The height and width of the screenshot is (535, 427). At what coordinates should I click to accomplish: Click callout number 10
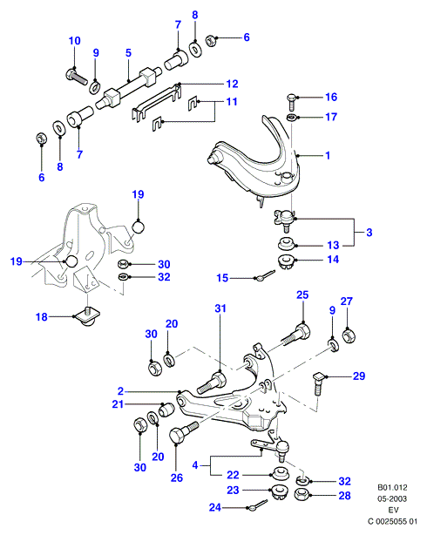point(74,41)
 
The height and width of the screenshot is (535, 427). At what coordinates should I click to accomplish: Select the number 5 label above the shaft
point(128,53)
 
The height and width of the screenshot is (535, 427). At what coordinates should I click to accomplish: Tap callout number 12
point(232,84)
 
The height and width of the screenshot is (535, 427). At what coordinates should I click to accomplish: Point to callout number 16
point(331,98)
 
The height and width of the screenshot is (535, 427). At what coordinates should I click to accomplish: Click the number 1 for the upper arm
point(328,156)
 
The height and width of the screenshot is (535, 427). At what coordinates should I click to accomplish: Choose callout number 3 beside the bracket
point(369,233)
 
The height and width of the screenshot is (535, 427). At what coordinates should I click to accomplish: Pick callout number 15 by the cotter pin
point(222,278)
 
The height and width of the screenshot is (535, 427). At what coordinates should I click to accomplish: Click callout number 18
point(42,317)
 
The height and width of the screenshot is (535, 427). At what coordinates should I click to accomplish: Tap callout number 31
point(220,308)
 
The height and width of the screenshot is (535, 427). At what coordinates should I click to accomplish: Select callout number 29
point(359,376)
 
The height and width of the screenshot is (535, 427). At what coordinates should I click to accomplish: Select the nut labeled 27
point(349,335)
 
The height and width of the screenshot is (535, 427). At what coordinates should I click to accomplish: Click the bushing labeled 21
point(167,410)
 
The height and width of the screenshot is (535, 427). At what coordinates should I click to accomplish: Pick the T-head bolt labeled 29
point(317,384)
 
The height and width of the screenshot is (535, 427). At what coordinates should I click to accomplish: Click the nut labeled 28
point(302,495)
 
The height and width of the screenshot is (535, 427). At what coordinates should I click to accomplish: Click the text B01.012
point(392,488)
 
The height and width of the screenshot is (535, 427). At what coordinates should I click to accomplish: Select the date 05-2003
point(392,498)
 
